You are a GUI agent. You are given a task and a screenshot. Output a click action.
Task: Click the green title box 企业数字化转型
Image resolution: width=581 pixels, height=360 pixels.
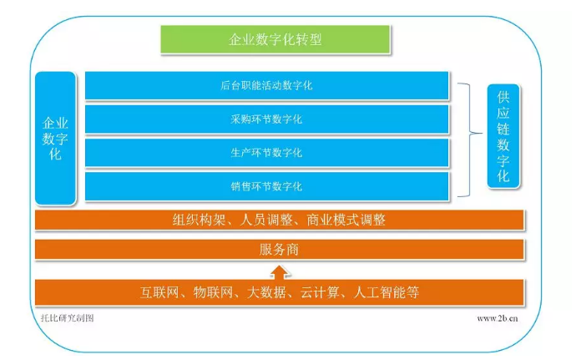coord(275,39)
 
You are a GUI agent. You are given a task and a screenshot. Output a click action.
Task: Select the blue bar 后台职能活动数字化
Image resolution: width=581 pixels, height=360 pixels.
coord(267,85)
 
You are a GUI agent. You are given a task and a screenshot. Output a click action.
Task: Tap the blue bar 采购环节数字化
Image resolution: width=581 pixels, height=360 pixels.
coord(267,119)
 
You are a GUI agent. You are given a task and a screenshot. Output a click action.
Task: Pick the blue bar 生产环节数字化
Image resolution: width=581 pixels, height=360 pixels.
coord(267,152)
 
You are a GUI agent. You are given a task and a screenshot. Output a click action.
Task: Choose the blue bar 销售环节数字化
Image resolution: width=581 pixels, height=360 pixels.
coord(267,185)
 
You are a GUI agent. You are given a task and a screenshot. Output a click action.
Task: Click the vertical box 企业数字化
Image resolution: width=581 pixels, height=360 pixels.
coord(55,138)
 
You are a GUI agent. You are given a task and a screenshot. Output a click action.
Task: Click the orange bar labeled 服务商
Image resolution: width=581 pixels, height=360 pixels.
coord(279,249)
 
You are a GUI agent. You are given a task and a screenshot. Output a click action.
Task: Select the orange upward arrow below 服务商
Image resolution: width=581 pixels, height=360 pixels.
coord(279,271)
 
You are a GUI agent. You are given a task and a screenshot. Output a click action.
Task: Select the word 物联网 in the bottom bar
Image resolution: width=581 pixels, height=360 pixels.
coord(215,292)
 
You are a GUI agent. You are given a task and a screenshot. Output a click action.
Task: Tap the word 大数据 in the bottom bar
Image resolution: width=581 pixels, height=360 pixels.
coord(268,292)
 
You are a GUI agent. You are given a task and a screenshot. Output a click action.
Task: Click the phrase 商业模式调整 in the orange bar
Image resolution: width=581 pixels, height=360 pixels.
coord(341,220)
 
